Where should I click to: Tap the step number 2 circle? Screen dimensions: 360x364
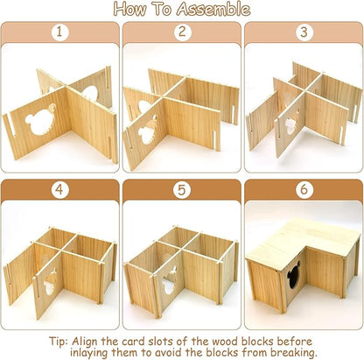tap(181, 33)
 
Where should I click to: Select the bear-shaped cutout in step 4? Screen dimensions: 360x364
tap(50, 281)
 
